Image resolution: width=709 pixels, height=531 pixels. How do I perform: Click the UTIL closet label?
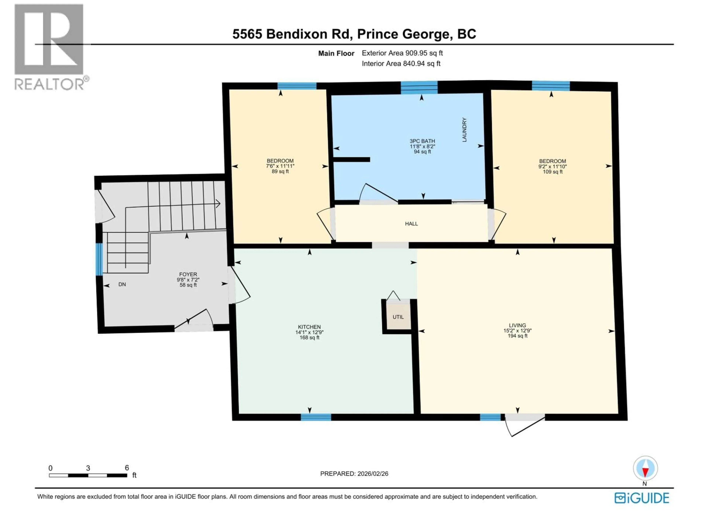pyautogui.click(x=398, y=317)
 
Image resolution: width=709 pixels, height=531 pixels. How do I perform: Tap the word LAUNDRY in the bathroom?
pyautogui.click(x=464, y=130)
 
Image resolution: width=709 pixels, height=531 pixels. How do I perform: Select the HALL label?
pyautogui.click(x=411, y=224)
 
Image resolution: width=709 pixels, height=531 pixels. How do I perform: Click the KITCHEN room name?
pyautogui.click(x=309, y=327)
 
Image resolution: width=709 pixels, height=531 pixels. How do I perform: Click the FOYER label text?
pyautogui.click(x=188, y=274)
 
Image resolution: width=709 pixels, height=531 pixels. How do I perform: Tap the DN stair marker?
pyautogui.click(x=122, y=284)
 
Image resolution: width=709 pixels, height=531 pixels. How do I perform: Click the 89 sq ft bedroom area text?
pyautogui.click(x=280, y=171)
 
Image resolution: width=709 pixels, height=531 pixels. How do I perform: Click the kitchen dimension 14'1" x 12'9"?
pyautogui.click(x=309, y=332)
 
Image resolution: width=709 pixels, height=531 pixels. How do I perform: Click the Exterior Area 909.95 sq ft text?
pyautogui.click(x=402, y=53)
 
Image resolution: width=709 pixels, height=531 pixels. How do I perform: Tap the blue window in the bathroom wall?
pyautogui.click(x=419, y=87)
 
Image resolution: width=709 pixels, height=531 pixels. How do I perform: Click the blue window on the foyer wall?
pyautogui.click(x=99, y=259)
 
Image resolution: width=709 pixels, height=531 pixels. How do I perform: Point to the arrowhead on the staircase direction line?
pyautogui.click(x=218, y=204)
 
